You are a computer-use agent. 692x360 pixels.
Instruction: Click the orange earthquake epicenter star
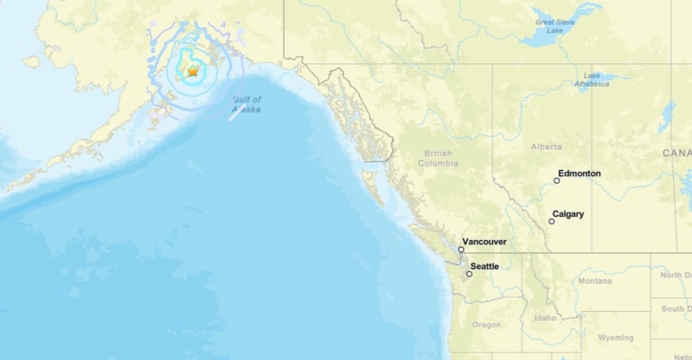(x=193, y=72)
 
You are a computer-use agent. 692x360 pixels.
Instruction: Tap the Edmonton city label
(x=579, y=173)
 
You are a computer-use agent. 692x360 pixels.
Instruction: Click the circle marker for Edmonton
(x=557, y=180)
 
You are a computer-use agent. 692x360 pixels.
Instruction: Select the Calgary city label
(x=568, y=214)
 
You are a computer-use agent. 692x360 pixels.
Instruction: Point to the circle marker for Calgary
(x=552, y=221)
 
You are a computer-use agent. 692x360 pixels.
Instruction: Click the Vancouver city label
(x=485, y=241)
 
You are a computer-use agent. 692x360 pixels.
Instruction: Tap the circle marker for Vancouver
(x=461, y=250)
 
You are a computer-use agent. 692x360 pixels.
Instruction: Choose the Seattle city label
(x=485, y=266)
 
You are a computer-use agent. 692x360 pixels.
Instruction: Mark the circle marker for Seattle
(x=469, y=274)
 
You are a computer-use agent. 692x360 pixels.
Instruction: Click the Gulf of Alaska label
(x=247, y=104)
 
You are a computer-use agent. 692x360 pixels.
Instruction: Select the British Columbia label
(x=438, y=158)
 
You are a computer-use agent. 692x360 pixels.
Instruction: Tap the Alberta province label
(x=546, y=147)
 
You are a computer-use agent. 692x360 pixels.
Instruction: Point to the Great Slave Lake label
(x=554, y=27)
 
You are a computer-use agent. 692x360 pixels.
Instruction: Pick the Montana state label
(x=595, y=281)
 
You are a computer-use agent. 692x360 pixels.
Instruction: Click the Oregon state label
(x=487, y=324)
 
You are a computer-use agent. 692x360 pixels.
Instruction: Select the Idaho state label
(x=544, y=318)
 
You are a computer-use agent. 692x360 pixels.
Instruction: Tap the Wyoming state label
(x=616, y=337)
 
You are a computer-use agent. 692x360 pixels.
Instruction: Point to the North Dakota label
(x=676, y=275)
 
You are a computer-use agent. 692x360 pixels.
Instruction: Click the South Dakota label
(x=676, y=308)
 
